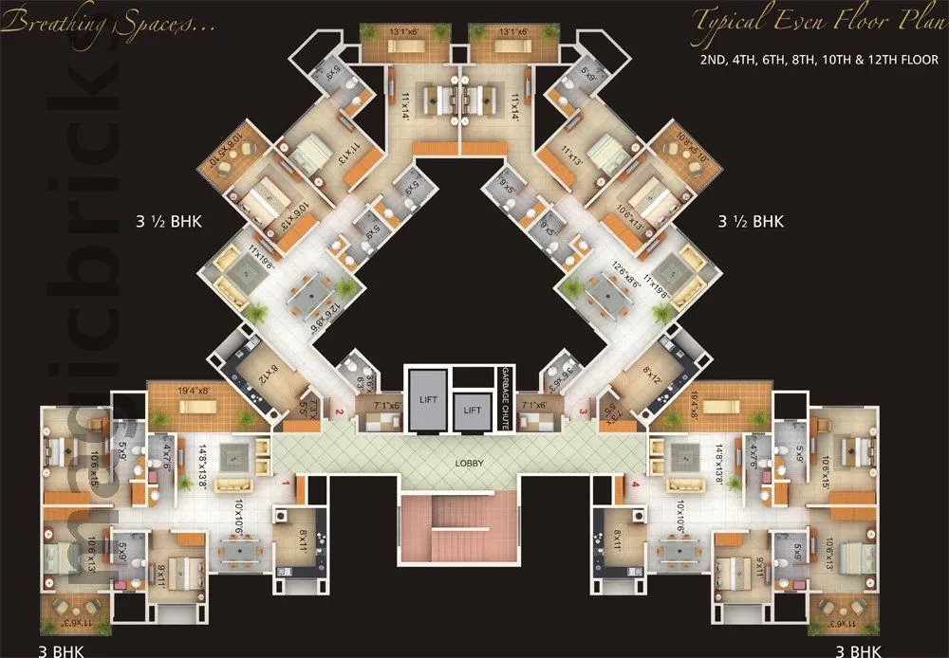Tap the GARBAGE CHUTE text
[x=506, y=399]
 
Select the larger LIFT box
[x=428, y=400]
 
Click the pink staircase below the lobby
[x=460, y=530]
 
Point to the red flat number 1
[x=286, y=484]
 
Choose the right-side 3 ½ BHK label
[x=751, y=222]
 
